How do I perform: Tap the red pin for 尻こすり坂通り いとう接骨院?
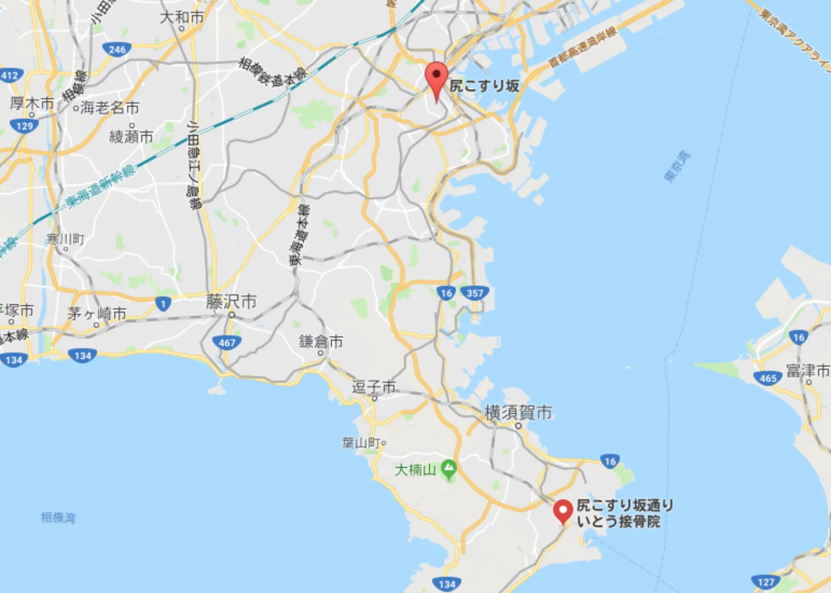(x=563, y=510)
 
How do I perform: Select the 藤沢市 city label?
(x=231, y=302)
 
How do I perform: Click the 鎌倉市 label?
(x=321, y=342)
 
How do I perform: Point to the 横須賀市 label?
(x=518, y=412)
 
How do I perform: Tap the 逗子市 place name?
(x=373, y=387)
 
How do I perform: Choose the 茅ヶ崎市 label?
(x=97, y=314)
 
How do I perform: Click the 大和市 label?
(x=182, y=17)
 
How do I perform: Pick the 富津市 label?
(x=808, y=371)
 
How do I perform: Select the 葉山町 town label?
(x=362, y=443)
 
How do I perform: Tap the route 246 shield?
(x=117, y=50)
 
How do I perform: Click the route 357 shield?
(x=475, y=293)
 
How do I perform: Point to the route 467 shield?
(x=227, y=342)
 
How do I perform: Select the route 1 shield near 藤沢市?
(x=163, y=304)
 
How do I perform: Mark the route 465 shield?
(x=768, y=378)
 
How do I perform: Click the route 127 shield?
(x=766, y=582)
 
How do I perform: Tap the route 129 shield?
(x=25, y=126)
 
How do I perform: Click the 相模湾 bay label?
(x=58, y=518)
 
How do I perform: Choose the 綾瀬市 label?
(x=131, y=137)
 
